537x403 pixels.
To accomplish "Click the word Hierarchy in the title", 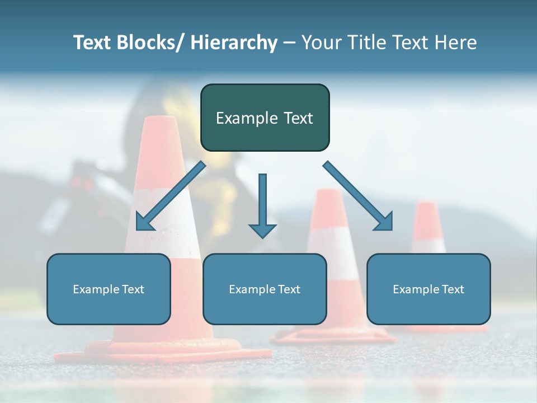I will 234,43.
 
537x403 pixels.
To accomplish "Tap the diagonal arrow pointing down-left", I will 171,196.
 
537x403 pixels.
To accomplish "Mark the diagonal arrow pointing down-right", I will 358,196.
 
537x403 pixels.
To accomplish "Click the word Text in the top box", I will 298,118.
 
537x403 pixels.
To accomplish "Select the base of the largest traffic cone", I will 162,353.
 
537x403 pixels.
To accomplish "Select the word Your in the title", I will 322,43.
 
